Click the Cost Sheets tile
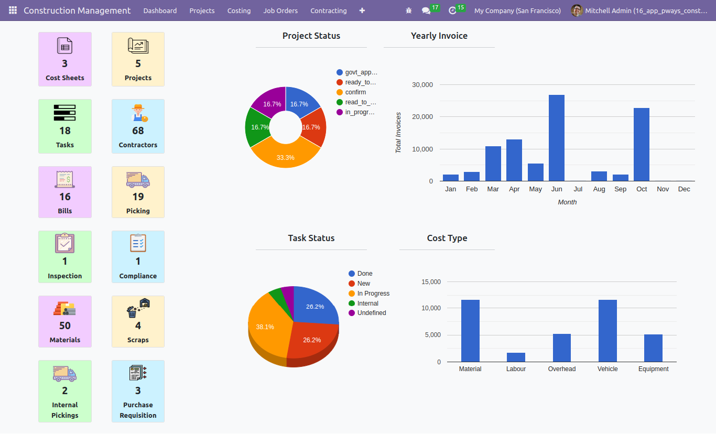65,59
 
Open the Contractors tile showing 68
138,126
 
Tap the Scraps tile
138,321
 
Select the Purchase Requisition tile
138,391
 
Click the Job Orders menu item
280,10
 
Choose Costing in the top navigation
239,10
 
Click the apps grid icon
13,10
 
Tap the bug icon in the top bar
408,10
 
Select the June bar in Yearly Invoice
557,138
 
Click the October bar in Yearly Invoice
642,145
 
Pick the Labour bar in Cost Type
516,357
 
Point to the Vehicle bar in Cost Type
607,331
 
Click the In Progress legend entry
369,294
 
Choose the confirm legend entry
351,92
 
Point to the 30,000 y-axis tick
422,85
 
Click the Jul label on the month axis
578,189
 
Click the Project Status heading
311,36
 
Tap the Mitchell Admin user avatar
577,10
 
